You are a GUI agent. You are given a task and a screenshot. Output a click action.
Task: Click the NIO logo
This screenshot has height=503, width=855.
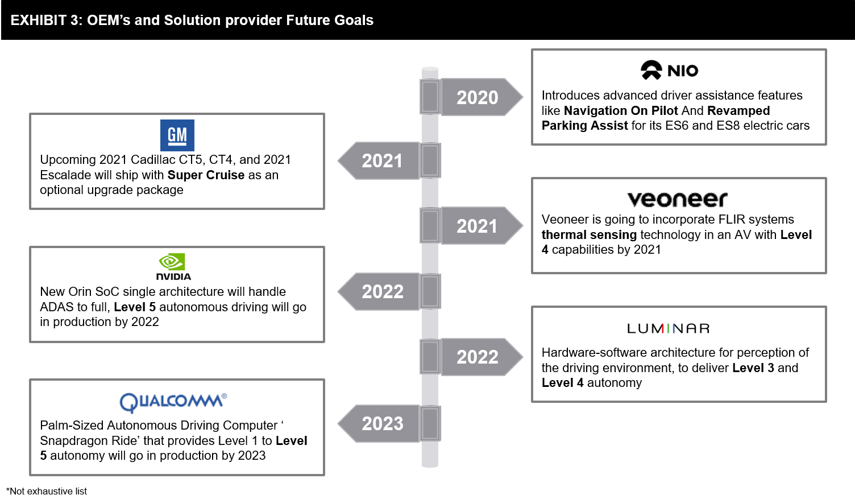[670, 71]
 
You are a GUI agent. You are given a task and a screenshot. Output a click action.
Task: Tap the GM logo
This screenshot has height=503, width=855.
[177, 135]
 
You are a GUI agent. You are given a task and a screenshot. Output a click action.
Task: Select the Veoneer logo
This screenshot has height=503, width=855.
[678, 199]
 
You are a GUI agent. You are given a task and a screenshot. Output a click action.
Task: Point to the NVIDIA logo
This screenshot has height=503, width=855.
[173, 267]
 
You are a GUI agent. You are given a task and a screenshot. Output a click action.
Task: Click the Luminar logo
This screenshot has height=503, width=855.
[669, 328]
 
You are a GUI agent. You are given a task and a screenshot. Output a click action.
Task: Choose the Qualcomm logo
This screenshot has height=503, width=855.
[173, 402]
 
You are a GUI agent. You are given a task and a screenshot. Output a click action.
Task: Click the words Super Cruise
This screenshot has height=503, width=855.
[206, 175]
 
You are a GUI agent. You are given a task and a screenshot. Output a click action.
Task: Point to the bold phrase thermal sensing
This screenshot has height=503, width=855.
[589, 234]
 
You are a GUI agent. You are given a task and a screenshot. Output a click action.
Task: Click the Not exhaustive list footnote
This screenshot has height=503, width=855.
[47, 491]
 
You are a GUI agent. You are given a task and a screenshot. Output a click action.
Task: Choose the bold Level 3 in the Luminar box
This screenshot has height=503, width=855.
[753, 368]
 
